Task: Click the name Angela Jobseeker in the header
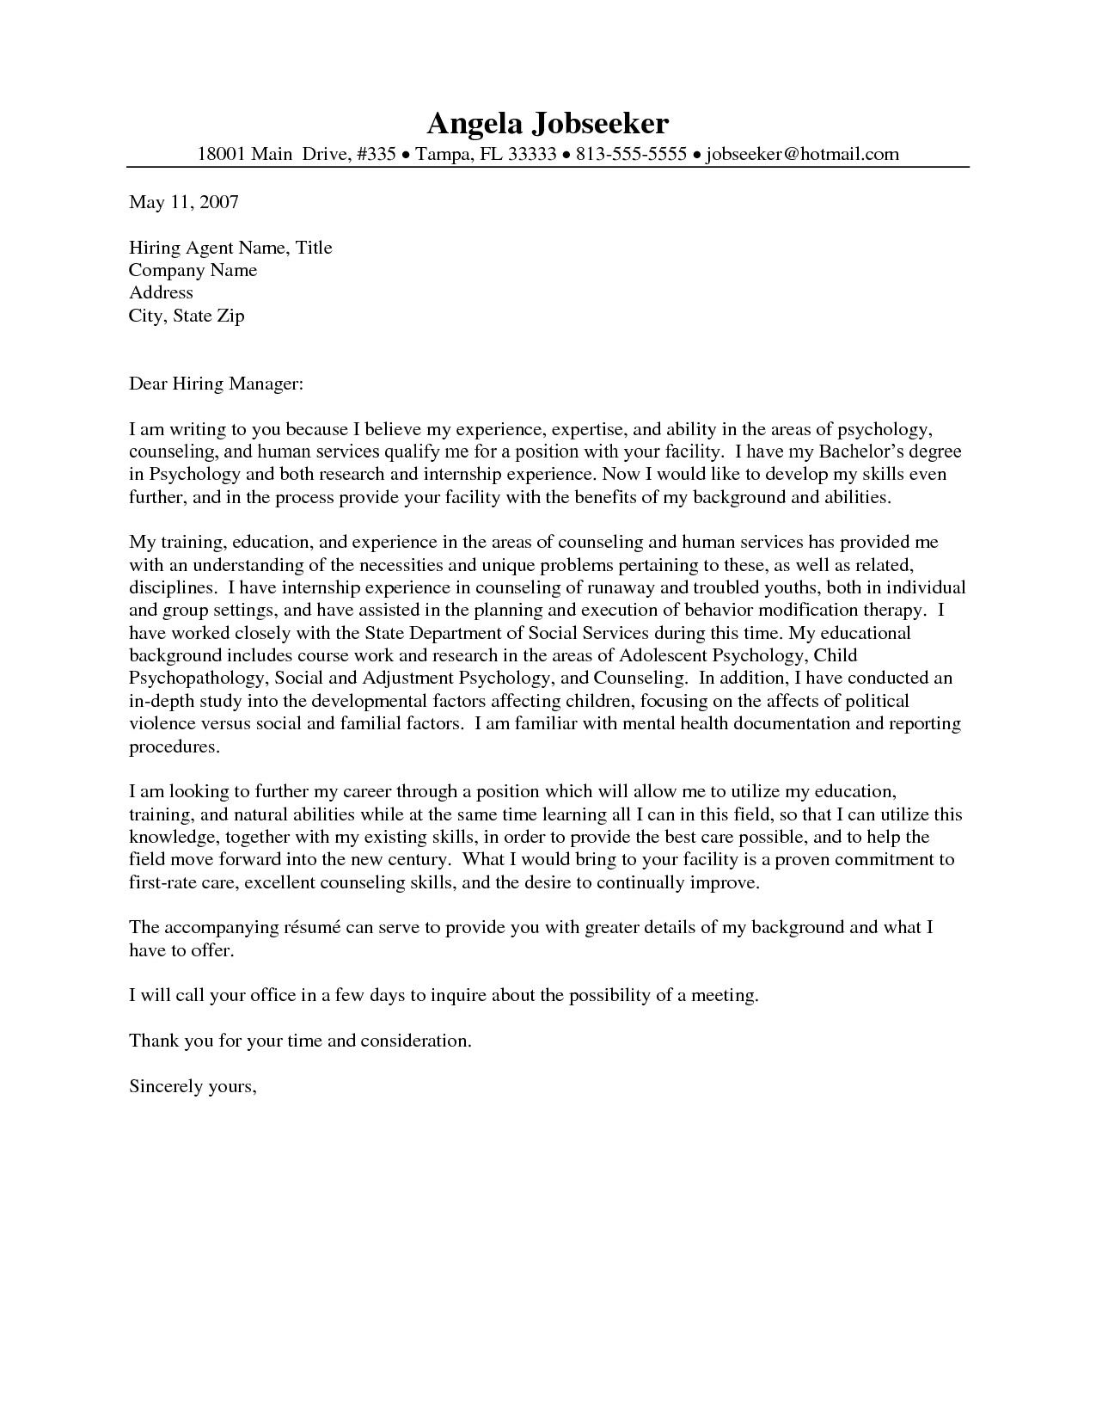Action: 548,124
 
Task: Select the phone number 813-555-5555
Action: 631,154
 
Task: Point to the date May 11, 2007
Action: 183,202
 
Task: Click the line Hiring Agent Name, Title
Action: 230,248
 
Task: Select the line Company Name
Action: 193,270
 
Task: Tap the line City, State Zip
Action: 187,316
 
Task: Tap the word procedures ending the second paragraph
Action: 175,746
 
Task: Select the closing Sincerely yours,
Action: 193,1086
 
